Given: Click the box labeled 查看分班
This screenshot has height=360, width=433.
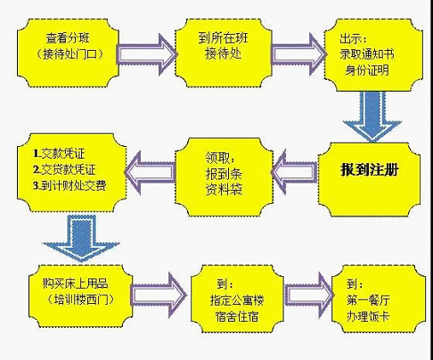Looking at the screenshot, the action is [68, 53].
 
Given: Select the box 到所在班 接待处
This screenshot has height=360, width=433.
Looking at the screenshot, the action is [223, 53].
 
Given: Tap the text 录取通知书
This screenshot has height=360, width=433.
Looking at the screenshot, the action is [367, 54].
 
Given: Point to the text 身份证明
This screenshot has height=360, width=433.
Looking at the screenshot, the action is [367, 70].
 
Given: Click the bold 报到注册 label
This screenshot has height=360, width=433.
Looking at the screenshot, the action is [369, 170].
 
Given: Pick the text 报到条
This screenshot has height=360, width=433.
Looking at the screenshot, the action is [224, 174].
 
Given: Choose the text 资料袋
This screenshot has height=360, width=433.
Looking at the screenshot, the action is [224, 189].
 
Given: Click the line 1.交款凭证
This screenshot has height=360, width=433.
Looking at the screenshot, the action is [59, 153].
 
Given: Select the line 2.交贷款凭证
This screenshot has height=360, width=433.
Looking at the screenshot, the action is [64, 169].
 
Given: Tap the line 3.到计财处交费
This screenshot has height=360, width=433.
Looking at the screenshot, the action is [69, 185].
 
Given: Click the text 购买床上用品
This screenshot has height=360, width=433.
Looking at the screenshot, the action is [75, 283].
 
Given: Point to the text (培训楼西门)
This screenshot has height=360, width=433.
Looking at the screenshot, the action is [81, 299].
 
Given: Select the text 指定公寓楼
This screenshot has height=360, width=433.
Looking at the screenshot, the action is [237, 300].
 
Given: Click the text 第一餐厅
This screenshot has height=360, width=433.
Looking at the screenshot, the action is [368, 300].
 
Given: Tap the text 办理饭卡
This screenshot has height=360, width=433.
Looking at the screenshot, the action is [368, 316].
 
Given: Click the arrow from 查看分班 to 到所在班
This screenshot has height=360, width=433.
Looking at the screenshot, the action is [147, 54].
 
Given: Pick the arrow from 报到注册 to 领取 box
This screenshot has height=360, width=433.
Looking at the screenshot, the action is [294, 172].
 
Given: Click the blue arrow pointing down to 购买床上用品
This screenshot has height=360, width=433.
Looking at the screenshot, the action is [81, 239].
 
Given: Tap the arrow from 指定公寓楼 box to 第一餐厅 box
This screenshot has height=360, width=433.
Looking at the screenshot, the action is [309, 295].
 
